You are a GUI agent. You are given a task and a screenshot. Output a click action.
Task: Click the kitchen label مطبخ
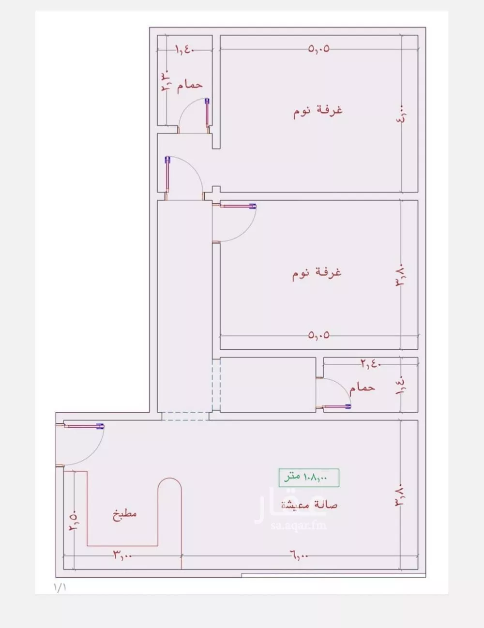click(125, 513)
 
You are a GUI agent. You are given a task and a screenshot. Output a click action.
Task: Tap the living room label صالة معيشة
click(310, 505)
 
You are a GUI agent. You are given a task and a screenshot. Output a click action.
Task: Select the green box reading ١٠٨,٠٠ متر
click(309, 477)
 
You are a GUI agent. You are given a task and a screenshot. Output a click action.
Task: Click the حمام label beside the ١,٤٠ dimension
click(189, 85)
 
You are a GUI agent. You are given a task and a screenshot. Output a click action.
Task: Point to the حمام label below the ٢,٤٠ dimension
click(362, 387)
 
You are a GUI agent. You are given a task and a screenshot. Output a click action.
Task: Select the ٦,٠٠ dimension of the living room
click(300, 556)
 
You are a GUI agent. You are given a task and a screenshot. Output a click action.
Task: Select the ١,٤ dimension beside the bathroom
click(402, 387)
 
